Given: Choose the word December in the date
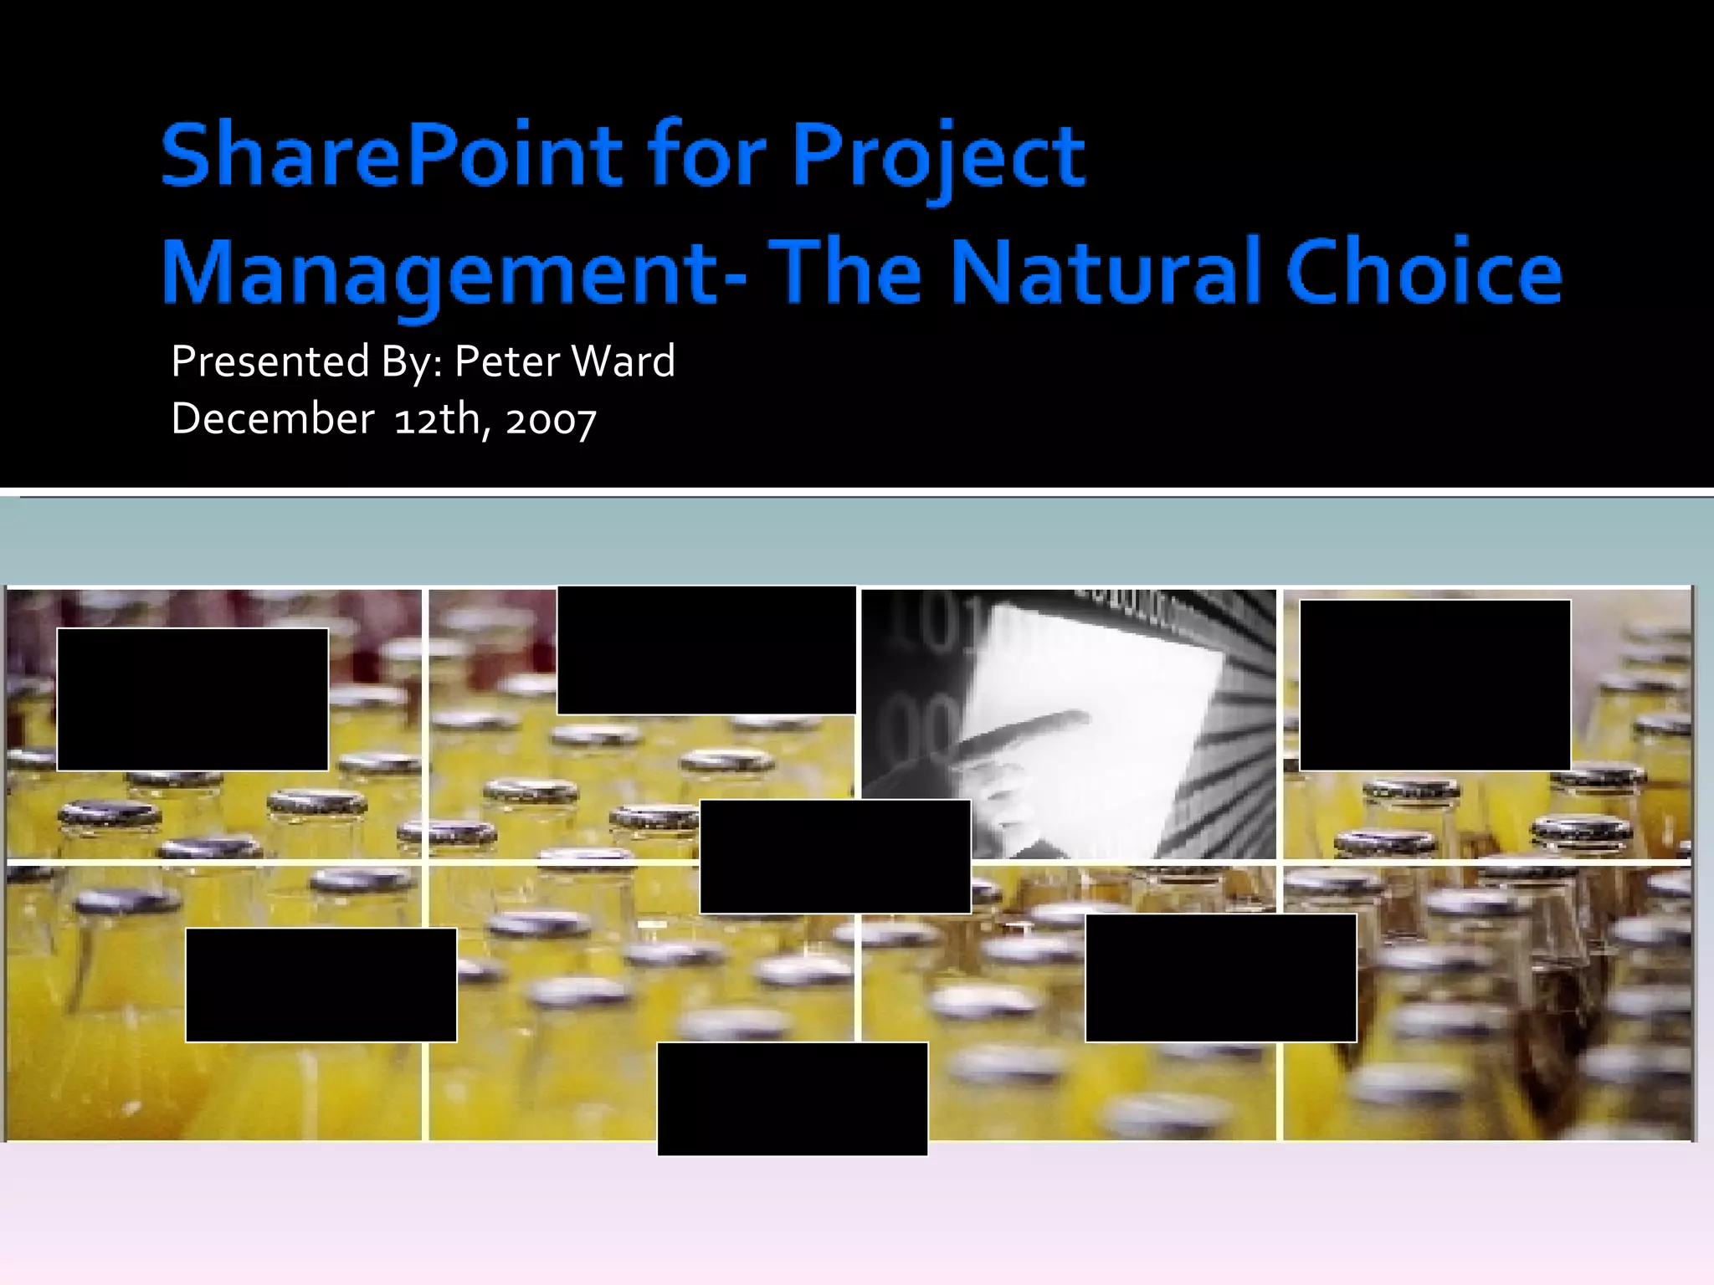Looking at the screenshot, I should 272,418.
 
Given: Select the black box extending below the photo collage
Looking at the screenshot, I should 792,1099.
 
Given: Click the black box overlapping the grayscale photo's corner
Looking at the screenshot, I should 834,856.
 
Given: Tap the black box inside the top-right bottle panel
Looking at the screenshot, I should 1434,684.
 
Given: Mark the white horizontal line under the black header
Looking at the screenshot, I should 857,491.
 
